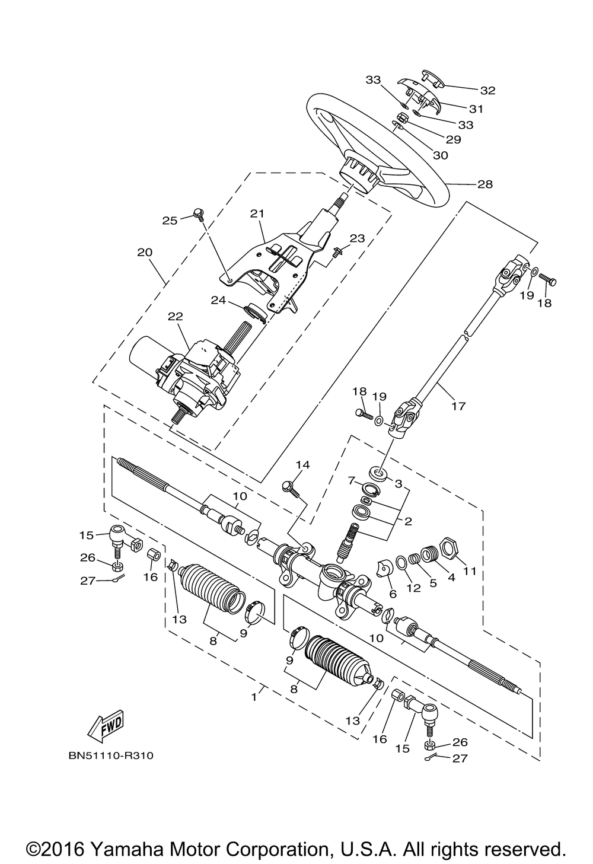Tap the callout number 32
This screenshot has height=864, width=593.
click(487, 90)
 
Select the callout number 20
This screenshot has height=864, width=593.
click(145, 252)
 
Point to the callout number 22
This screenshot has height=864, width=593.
click(175, 316)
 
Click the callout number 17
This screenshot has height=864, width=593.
click(459, 406)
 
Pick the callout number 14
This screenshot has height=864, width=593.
click(303, 465)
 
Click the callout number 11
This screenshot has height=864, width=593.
click(470, 570)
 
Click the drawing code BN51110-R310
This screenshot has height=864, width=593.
click(111, 755)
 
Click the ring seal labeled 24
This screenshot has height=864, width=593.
click(254, 311)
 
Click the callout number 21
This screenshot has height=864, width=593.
click(257, 213)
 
